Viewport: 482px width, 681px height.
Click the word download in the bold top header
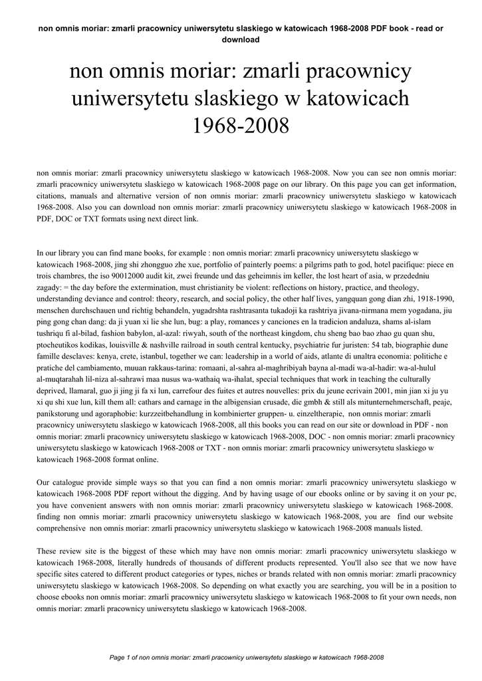(241, 39)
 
